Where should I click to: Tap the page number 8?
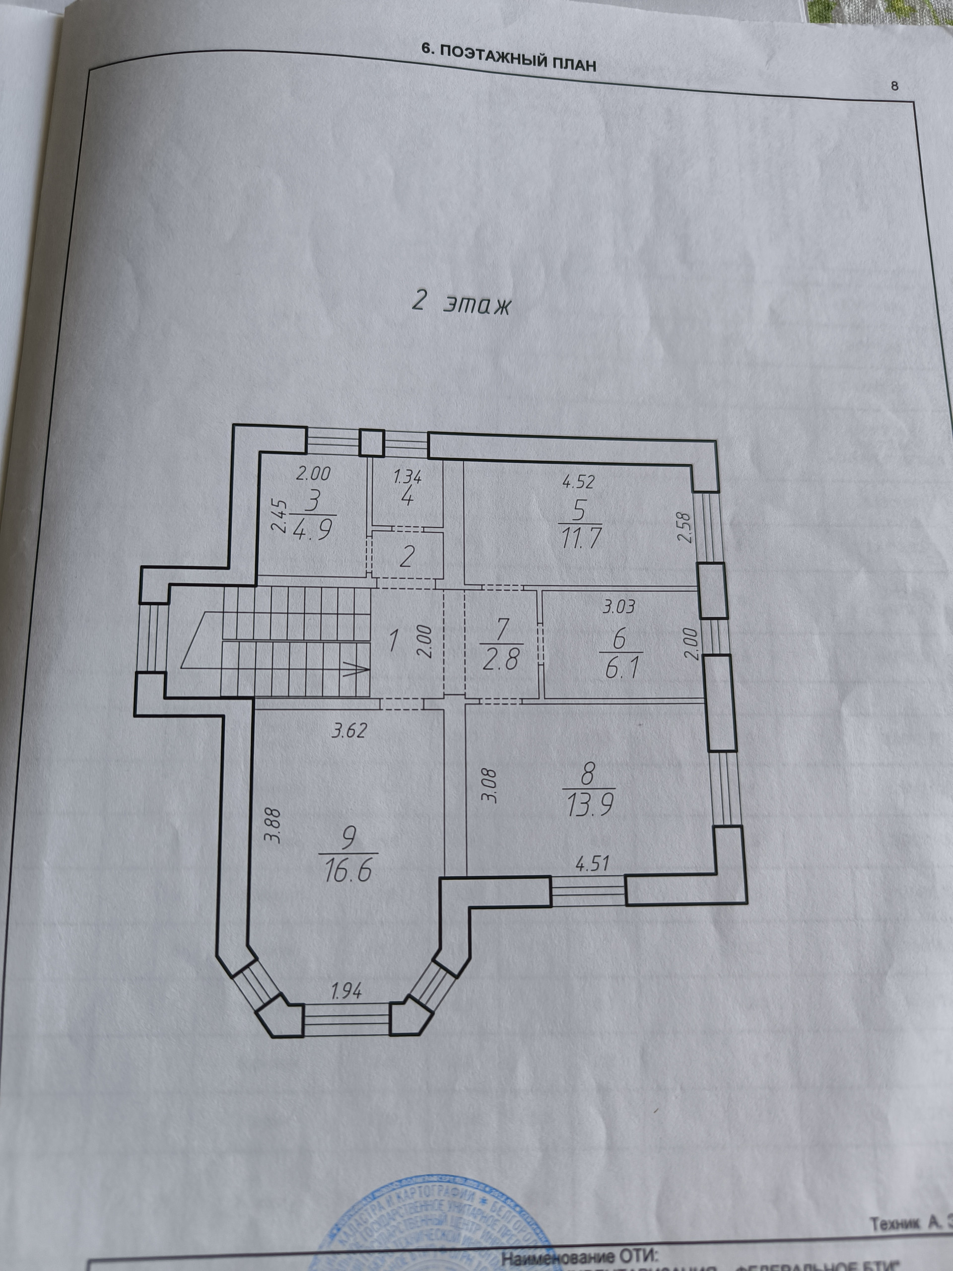click(894, 86)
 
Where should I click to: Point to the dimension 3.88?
click(273, 825)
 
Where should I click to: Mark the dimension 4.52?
click(578, 482)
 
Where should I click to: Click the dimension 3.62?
click(348, 731)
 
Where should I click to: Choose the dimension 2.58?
click(683, 527)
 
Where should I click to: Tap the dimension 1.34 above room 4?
click(408, 476)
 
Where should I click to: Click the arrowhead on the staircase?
click(357, 669)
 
